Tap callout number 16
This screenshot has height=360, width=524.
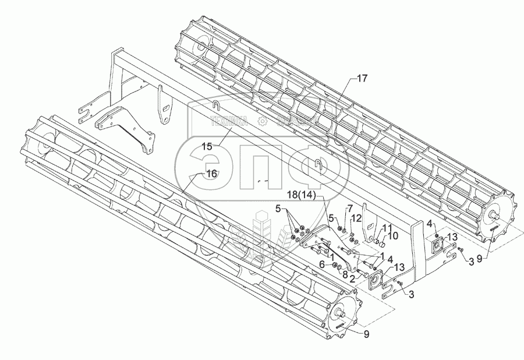click(x=211, y=173)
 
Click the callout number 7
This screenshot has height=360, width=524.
click(x=350, y=209)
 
